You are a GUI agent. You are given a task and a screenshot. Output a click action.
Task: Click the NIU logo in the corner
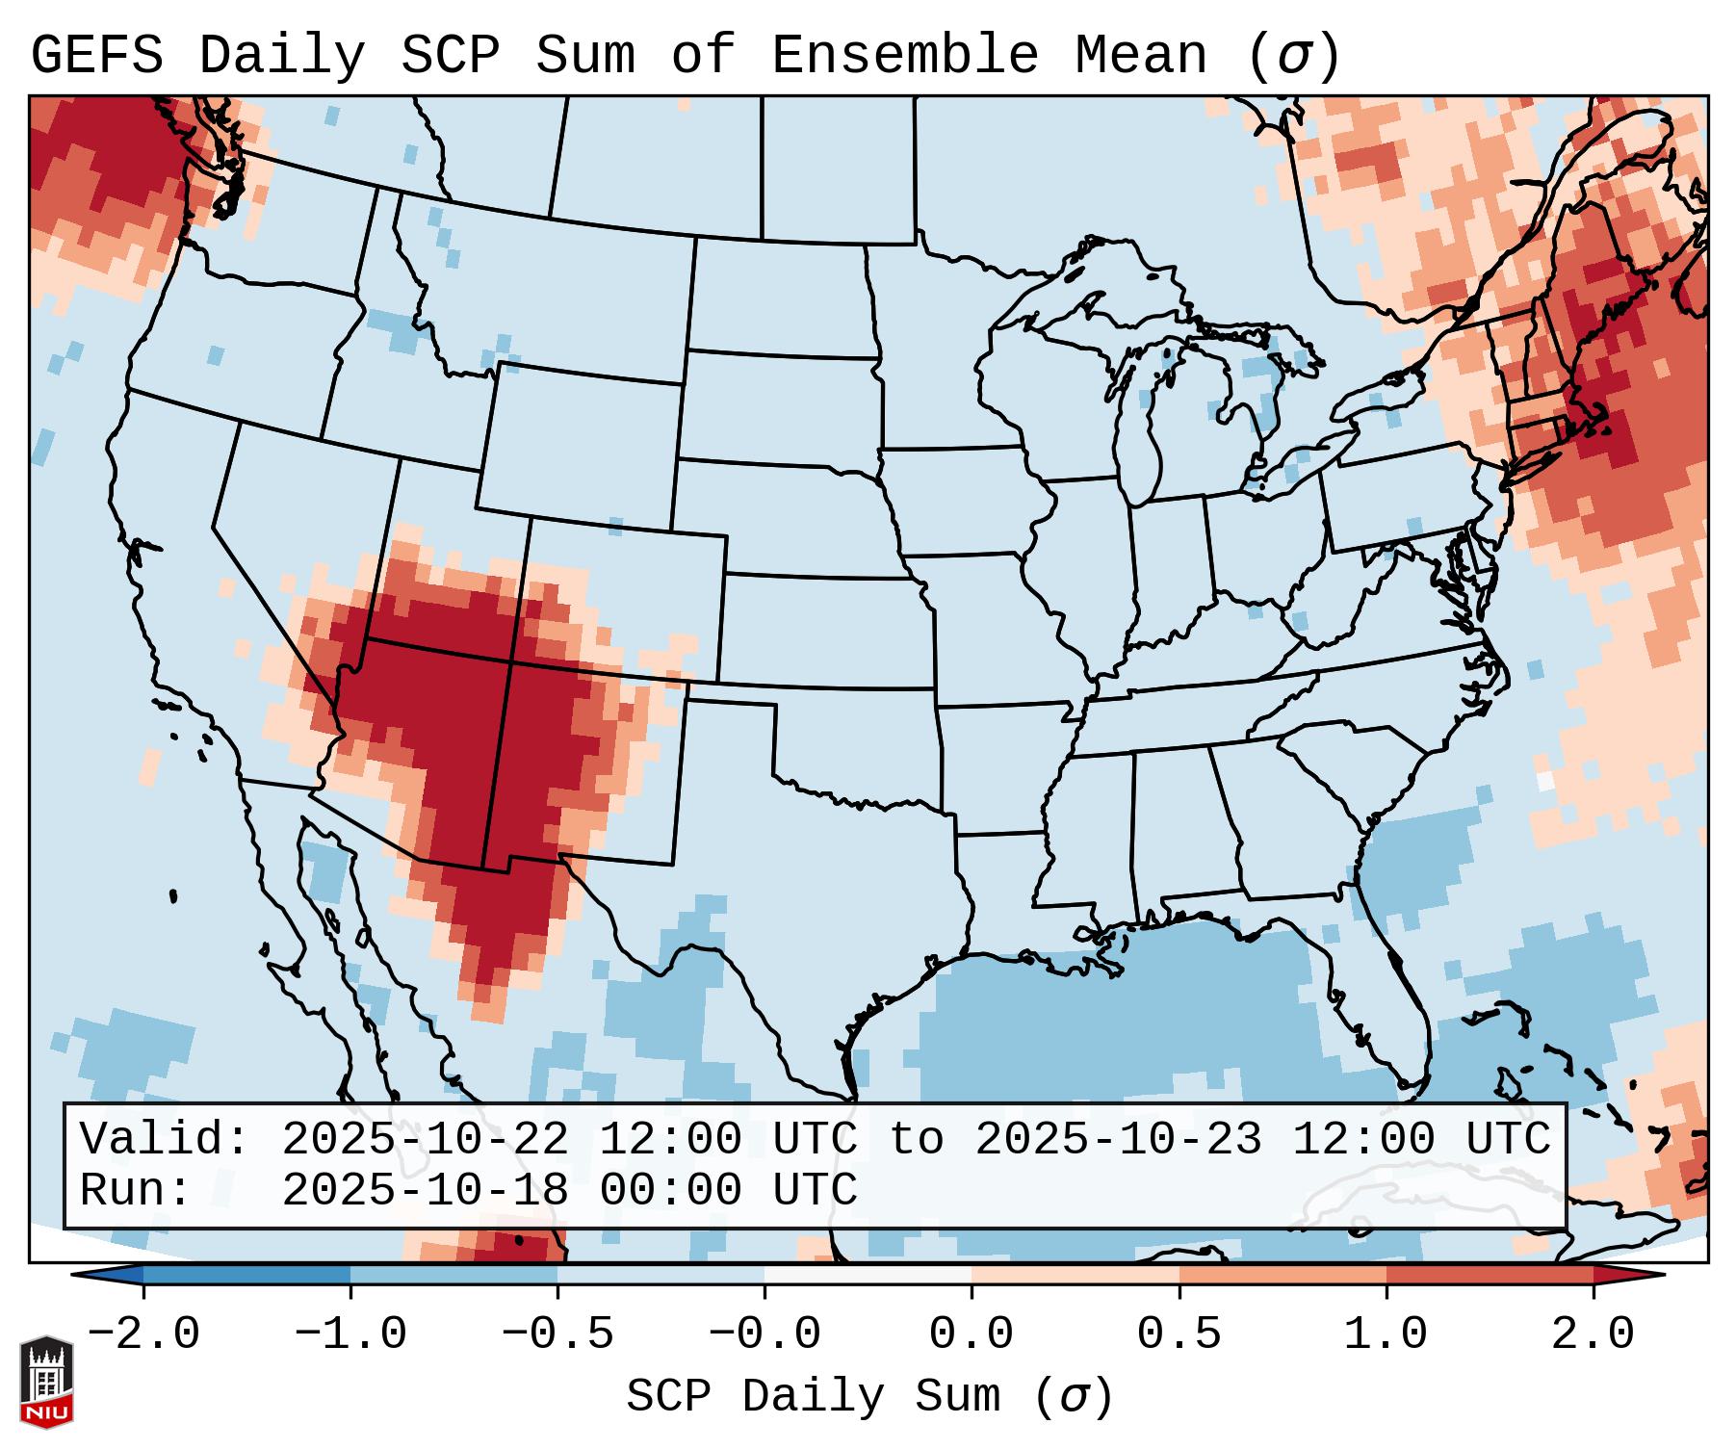pyautogui.click(x=46, y=1381)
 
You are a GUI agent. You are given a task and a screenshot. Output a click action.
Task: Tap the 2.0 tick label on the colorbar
pyautogui.click(x=1593, y=1334)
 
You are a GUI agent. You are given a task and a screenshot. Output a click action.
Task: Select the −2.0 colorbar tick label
pyautogui.click(x=143, y=1334)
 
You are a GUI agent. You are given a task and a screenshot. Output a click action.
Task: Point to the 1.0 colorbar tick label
pyautogui.click(x=1386, y=1334)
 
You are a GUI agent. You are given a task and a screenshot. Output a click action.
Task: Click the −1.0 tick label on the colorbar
pyautogui.click(x=350, y=1334)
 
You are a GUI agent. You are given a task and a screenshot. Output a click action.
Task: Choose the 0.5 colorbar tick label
pyautogui.click(x=1179, y=1334)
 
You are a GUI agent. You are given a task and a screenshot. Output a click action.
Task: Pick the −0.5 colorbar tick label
pyautogui.click(x=557, y=1334)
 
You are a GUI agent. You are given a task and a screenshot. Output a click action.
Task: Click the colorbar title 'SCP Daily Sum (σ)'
pyautogui.click(x=869, y=1397)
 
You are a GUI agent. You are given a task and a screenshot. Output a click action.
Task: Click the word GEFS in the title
pyautogui.click(x=96, y=56)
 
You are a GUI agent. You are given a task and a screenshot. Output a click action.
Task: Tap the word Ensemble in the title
pyautogui.click(x=905, y=56)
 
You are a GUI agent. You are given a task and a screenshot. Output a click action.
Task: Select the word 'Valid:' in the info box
pyautogui.click(x=165, y=1139)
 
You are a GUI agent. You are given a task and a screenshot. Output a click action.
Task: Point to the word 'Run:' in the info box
pyautogui.click(x=136, y=1190)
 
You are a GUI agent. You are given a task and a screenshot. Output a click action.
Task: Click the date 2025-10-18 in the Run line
pyautogui.click(x=425, y=1190)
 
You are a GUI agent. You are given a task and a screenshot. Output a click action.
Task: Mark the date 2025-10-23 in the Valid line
pyautogui.click(x=1118, y=1139)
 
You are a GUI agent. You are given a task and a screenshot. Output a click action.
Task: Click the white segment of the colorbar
pyautogui.click(x=868, y=1274)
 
